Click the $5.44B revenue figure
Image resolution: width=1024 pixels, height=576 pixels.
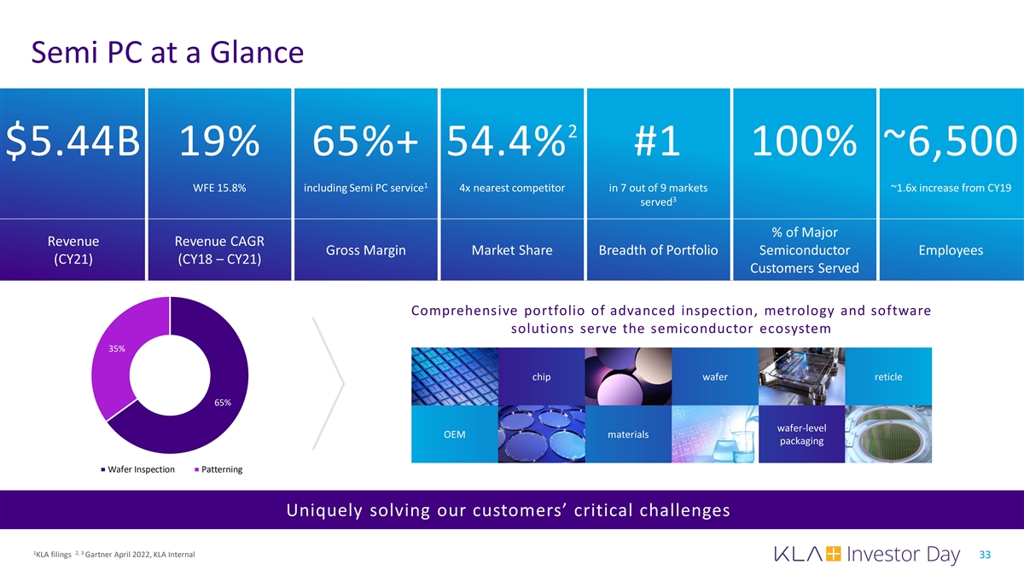click(x=73, y=141)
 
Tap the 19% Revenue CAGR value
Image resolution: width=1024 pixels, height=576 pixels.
click(x=219, y=141)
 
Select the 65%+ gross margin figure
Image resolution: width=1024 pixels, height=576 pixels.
click(x=366, y=141)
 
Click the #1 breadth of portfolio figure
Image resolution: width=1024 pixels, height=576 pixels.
click(x=658, y=141)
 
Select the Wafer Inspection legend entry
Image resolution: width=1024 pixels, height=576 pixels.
click(x=138, y=469)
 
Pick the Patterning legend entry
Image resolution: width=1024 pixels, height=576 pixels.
click(x=218, y=469)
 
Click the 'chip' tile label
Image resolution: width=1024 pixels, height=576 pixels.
click(x=541, y=377)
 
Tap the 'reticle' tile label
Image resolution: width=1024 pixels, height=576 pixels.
click(x=888, y=377)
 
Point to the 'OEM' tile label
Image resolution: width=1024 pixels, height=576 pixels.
click(x=455, y=434)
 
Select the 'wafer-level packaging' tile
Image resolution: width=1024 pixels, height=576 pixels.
click(x=801, y=434)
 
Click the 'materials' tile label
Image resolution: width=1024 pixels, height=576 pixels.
click(x=628, y=434)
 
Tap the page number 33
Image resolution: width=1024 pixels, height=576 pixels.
click(x=986, y=555)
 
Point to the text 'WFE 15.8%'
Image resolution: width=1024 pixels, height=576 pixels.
click(x=220, y=189)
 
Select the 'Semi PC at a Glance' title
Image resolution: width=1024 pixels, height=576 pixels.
click(x=167, y=54)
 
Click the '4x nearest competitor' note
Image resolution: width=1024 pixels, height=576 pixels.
click(x=511, y=189)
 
